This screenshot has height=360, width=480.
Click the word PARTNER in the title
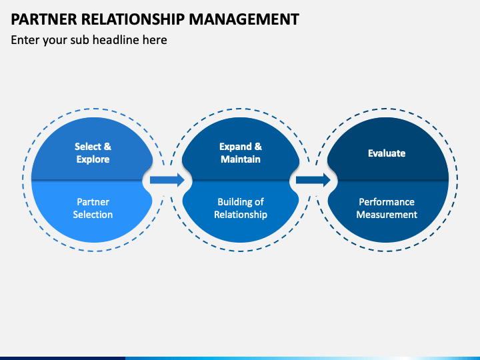44,19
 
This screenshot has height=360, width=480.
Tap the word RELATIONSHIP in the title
133,19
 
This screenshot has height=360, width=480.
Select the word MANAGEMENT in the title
244,19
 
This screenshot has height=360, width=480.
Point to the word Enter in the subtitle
25,40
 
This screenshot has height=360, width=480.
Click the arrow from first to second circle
167,180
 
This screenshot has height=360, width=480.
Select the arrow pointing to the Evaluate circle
313,180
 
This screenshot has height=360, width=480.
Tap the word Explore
93,159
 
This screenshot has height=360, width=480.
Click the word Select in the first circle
88,147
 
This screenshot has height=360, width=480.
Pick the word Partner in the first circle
93,202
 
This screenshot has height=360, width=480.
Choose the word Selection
93,215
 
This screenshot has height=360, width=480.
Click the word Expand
235,147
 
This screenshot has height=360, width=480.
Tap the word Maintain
241,159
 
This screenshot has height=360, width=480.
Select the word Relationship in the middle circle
241,215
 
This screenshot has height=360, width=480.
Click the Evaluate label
387,153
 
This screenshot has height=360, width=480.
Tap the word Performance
387,202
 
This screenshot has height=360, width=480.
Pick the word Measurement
387,215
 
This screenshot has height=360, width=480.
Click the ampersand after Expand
259,147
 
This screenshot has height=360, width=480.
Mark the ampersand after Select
107,147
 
